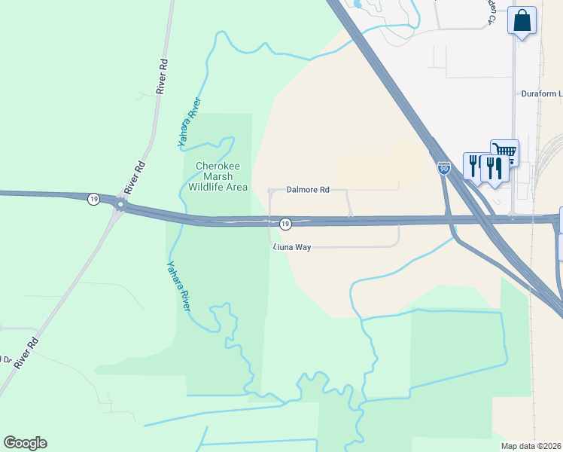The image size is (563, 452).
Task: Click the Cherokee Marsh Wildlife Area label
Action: (x=222, y=176)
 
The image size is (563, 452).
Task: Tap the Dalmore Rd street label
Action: (x=308, y=191)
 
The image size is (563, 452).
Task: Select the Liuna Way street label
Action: (x=291, y=246)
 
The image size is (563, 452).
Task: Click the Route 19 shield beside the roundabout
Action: (x=93, y=199)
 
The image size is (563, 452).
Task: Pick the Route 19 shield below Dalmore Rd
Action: (x=285, y=224)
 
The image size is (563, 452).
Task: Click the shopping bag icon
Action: (x=522, y=22)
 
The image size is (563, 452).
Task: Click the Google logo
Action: (x=25, y=443)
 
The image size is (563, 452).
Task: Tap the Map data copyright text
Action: (x=531, y=446)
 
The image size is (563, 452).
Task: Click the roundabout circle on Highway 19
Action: (x=120, y=204)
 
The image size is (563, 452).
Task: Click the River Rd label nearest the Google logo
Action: (x=26, y=353)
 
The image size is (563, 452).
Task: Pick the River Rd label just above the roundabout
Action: (x=135, y=175)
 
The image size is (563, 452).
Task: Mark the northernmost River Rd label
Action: (x=161, y=75)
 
